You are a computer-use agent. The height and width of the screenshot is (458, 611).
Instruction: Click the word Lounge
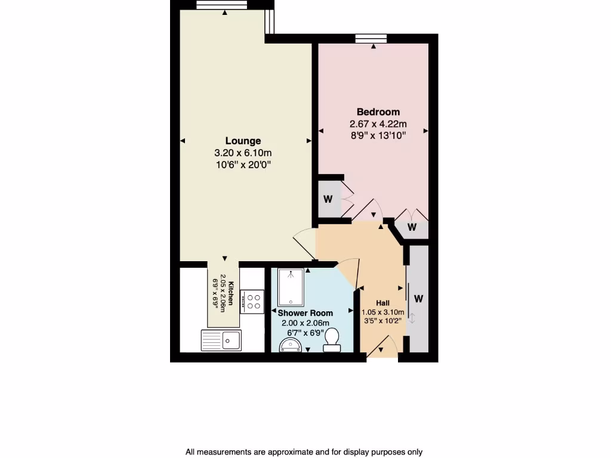[243, 141]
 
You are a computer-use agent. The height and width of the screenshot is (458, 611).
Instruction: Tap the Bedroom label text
[378, 112]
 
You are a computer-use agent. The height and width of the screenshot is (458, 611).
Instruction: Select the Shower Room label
[305, 312]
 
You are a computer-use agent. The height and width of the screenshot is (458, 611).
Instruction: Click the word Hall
[382, 303]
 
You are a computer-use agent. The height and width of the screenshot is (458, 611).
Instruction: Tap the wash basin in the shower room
[292, 345]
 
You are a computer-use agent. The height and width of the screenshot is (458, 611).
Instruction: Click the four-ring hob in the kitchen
[252, 301]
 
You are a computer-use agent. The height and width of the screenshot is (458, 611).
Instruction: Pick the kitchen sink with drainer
[220, 341]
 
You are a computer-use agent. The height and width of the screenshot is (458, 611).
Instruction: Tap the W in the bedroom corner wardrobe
[412, 227]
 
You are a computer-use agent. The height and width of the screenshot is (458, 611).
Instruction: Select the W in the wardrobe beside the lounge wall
[328, 199]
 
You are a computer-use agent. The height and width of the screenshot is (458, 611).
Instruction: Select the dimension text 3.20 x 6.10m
[243, 153]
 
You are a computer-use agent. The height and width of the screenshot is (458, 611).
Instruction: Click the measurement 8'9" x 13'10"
[378, 135]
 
